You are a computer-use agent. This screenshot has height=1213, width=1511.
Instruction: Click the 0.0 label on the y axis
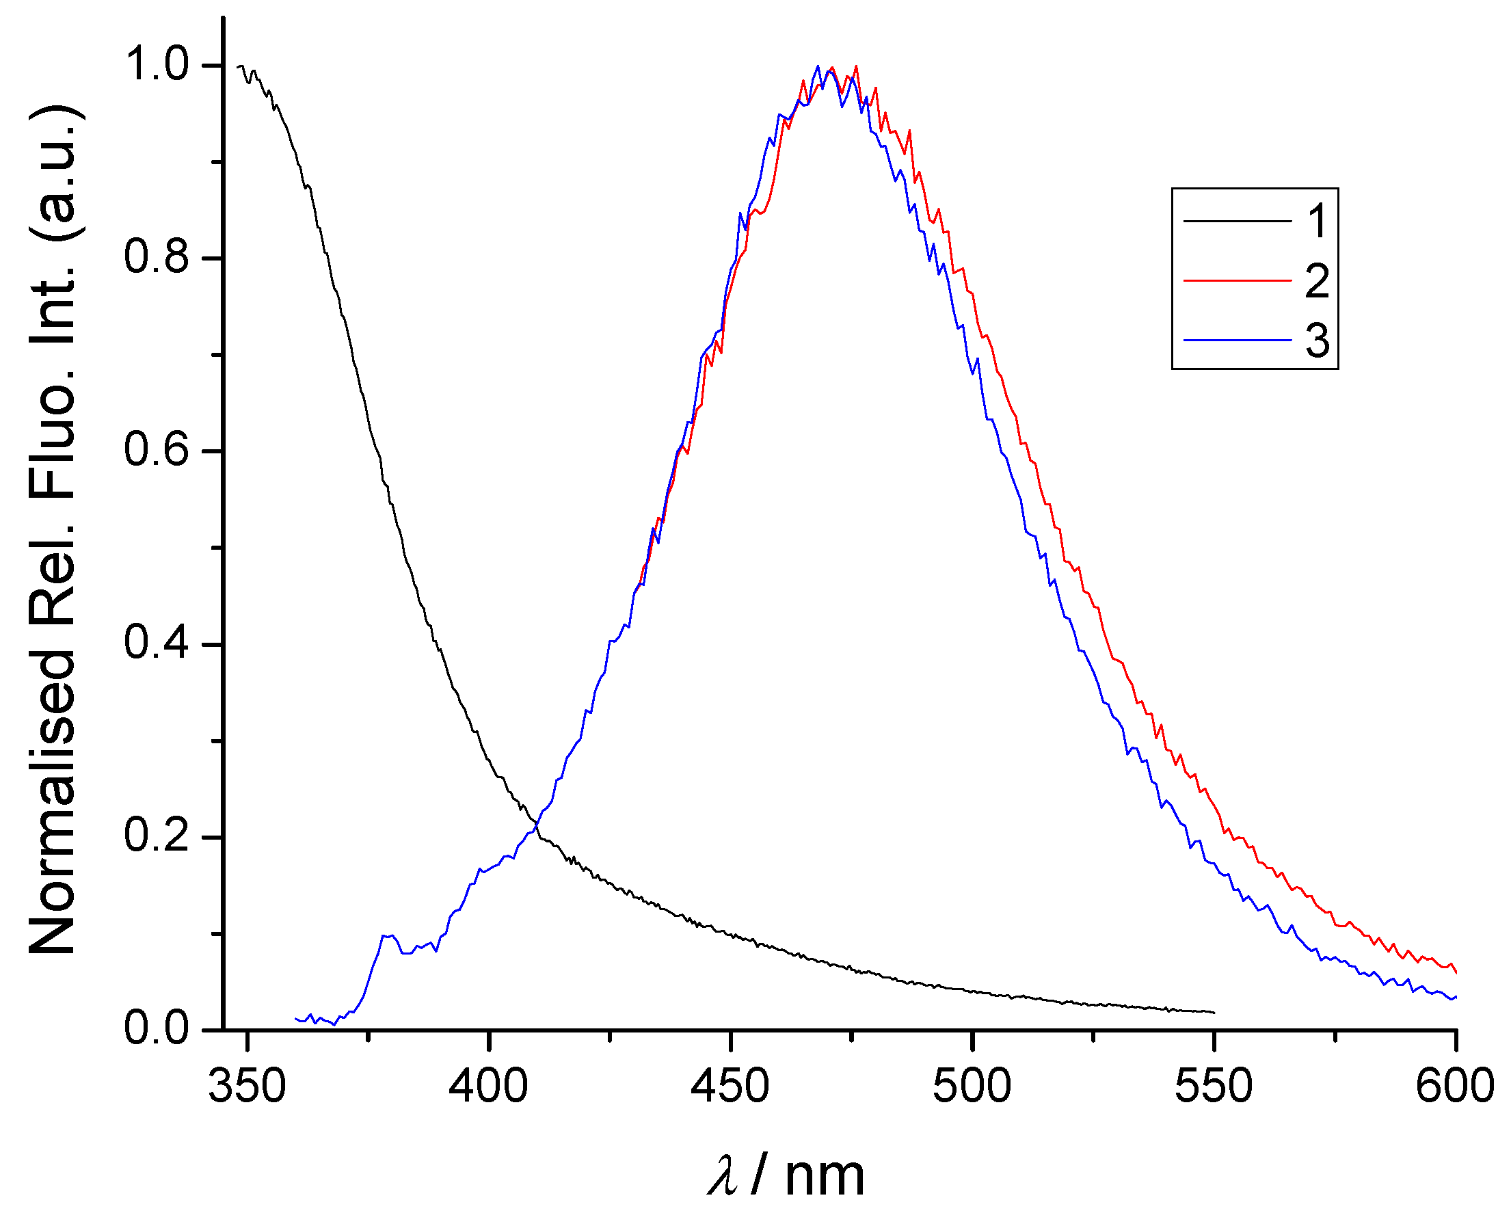[x=157, y=1028]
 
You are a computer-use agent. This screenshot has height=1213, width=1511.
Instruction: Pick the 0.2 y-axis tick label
[x=157, y=836]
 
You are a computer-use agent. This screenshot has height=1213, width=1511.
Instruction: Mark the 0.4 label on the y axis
[x=157, y=643]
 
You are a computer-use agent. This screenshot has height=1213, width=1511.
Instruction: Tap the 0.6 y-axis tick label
[x=157, y=450]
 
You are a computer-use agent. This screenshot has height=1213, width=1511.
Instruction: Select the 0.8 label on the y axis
[x=157, y=257]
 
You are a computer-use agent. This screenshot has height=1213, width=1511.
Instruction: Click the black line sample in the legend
[x=1237, y=222]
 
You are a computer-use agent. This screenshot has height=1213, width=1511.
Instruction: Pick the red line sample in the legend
[x=1237, y=280]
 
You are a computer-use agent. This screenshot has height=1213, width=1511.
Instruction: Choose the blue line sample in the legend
[x=1237, y=340]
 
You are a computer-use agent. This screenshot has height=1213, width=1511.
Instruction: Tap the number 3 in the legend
[x=1317, y=341]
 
